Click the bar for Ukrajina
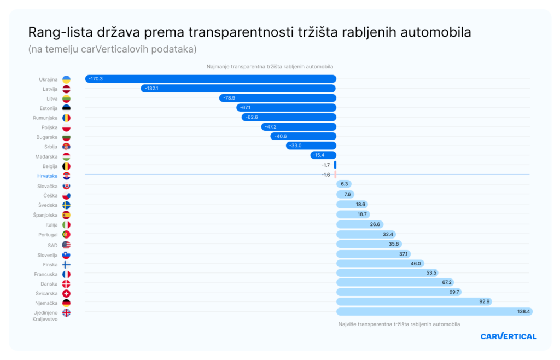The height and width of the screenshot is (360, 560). tap(211, 79)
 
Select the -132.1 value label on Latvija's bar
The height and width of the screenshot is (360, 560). tap(152, 89)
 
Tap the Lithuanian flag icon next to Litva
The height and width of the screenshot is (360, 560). tap(66, 98)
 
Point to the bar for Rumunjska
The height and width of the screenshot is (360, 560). tap(289, 118)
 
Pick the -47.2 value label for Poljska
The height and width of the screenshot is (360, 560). tap(270, 127)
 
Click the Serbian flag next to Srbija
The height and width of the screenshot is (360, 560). tap(66, 147)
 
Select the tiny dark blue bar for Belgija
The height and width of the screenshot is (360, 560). tap(335, 165)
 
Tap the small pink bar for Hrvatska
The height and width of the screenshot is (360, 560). tap(335, 175)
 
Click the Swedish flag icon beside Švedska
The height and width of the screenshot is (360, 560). tap(66, 205)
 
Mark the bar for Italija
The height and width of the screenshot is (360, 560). tap(359, 224)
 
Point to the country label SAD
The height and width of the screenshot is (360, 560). tap(52, 245)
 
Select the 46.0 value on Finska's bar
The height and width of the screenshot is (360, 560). tap(416, 263)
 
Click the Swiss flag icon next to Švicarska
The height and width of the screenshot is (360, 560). tap(66, 294)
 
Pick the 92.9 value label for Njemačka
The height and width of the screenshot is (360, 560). tap(485, 301)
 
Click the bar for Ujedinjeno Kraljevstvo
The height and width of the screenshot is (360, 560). tap(434, 311)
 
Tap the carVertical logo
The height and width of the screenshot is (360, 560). tap(508, 336)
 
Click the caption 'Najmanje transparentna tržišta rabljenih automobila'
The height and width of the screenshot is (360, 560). tap(270, 67)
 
